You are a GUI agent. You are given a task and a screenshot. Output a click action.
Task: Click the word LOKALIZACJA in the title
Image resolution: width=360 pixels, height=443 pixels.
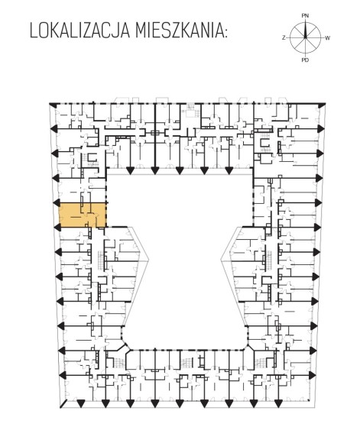(79, 31)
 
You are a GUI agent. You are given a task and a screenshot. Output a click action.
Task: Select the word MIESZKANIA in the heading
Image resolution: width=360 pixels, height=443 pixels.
(179, 31)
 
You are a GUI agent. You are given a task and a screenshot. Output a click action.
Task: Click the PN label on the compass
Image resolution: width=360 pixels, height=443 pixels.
(305, 16)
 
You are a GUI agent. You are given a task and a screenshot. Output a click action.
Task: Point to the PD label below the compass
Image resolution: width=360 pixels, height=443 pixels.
(305, 60)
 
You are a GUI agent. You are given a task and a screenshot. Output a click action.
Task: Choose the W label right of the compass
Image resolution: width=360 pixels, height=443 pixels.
(327, 38)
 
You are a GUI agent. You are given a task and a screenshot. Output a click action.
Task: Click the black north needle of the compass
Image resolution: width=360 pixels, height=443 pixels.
(305, 30)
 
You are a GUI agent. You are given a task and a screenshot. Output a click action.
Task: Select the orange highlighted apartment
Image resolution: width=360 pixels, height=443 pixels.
(83, 215)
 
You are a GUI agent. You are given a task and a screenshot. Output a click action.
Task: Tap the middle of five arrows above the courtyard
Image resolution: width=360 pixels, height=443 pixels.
(179, 170)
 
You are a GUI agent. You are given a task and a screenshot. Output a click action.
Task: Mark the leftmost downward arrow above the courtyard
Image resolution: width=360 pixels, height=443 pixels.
(130, 170)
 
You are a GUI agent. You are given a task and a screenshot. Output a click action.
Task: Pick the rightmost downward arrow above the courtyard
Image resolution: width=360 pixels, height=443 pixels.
(229, 170)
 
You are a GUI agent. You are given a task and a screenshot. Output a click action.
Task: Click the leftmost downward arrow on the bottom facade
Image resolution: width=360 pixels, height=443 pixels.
(81, 404)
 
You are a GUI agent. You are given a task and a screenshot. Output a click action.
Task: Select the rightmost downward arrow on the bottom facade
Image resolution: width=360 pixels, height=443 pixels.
(278, 404)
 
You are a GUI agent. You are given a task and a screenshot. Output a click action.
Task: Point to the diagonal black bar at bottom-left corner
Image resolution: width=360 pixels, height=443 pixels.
(63, 404)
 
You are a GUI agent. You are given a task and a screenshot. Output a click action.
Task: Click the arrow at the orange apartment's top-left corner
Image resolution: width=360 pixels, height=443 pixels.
(57, 202)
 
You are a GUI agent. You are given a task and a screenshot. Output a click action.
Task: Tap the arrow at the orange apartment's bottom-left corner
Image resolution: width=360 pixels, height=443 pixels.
(57, 227)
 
